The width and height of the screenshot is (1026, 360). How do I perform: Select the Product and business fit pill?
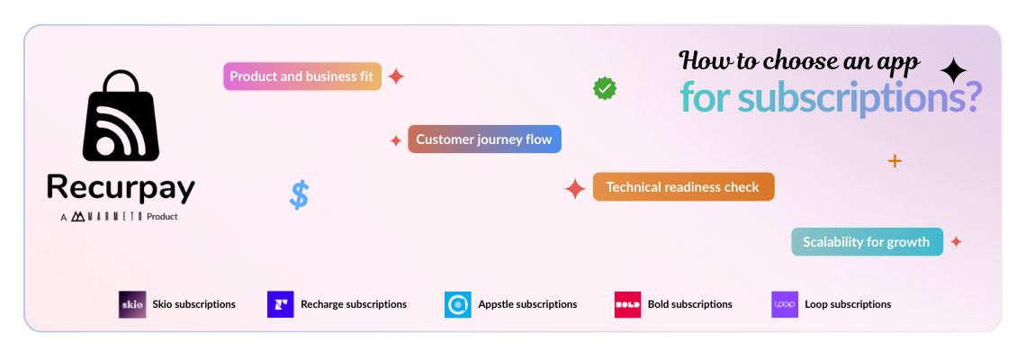pyautogui.click(x=302, y=76)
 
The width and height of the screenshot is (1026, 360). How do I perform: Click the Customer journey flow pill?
pyautogui.click(x=484, y=139)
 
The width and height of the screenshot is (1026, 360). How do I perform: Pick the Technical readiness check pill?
pyautogui.click(x=683, y=187)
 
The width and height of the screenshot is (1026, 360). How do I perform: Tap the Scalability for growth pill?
pyautogui.click(x=867, y=241)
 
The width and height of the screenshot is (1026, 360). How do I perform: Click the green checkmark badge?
pyautogui.click(x=604, y=88)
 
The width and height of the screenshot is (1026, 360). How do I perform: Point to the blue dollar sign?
pyautogui.click(x=300, y=194)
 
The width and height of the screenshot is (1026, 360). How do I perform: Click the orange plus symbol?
pyautogui.click(x=895, y=161)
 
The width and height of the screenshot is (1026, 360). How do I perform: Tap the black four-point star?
pyautogui.click(x=953, y=70)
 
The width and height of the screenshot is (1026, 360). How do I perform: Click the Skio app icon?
pyautogui.click(x=131, y=304)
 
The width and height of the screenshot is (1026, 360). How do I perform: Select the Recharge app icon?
pyautogui.click(x=281, y=304)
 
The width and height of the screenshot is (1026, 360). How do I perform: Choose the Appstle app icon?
pyautogui.click(x=458, y=304)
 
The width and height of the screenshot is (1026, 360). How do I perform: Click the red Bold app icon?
pyautogui.click(x=627, y=304)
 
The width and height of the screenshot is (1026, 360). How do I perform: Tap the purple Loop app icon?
pyautogui.click(x=785, y=304)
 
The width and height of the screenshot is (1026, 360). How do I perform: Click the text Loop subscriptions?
pyautogui.click(x=848, y=304)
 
